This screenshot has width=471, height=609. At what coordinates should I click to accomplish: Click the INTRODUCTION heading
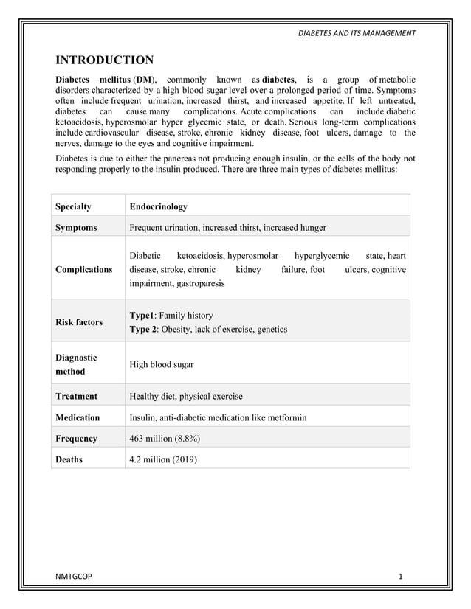pyautogui.click(x=105, y=60)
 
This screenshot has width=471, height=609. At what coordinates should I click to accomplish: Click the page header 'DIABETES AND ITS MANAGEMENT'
pyautogui.click(x=356, y=33)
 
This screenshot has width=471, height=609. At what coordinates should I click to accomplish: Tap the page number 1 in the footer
pyautogui.click(x=400, y=576)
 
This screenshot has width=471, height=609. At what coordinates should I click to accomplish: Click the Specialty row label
pyautogui.click(x=74, y=206)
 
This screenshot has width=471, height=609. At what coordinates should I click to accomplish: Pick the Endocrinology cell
pyautogui.click(x=158, y=206)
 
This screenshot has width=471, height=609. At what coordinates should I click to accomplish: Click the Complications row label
pyautogui.click(x=84, y=269)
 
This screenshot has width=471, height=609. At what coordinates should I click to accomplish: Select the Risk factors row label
pyautogui.click(x=79, y=322)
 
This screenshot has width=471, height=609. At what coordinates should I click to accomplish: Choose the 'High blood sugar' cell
pyautogui.click(x=162, y=364)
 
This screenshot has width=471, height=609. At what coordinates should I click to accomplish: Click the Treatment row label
pyautogui.click(x=76, y=396)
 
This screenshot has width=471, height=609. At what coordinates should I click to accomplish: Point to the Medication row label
pyautogui.click(x=78, y=417)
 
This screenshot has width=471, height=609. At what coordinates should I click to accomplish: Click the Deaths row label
pyautogui.click(x=69, y=459)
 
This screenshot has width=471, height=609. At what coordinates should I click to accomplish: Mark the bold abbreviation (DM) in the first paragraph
pyautogui.click(x=145, y=80)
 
